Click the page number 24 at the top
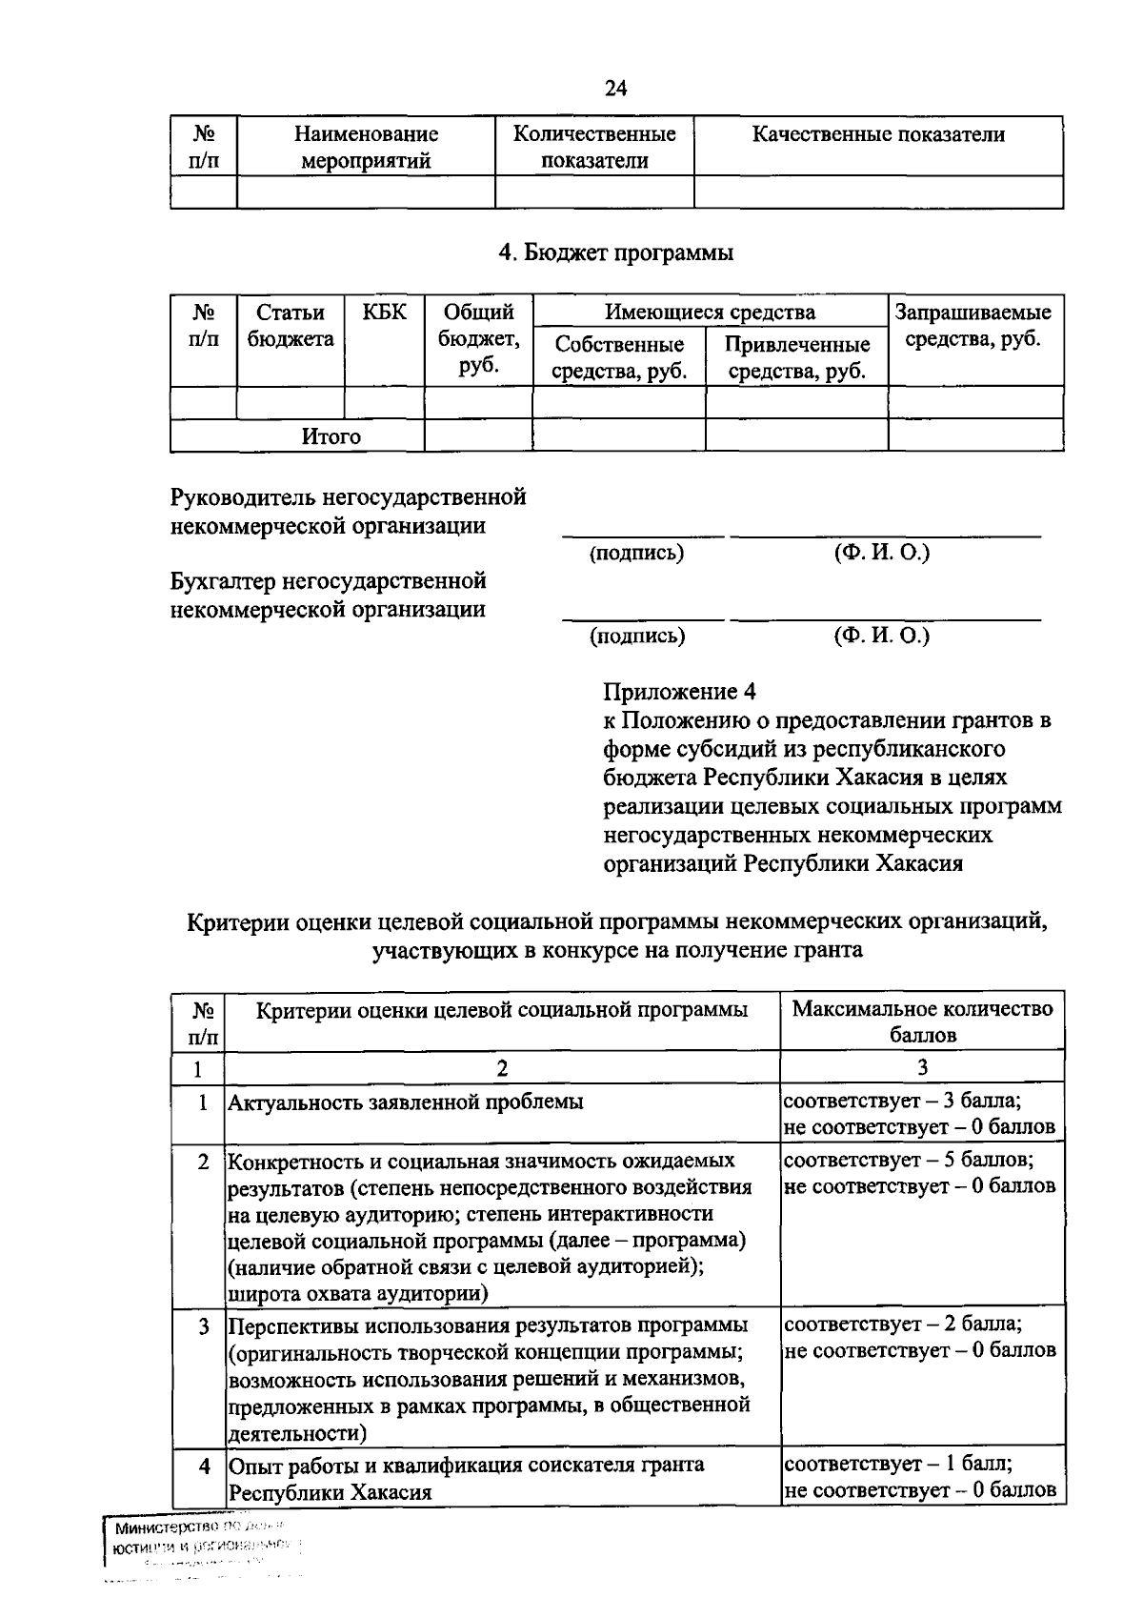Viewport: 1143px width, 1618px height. tap(615, 89)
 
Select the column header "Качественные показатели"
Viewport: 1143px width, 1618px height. tap(877, 134)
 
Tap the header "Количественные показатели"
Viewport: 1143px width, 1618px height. tap(594, 147)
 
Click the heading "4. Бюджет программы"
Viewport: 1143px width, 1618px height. tap(616, 253)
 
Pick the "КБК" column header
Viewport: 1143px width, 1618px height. tap(384, 313)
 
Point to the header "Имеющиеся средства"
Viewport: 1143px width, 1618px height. tap(710, 312)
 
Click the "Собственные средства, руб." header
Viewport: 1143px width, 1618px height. tap(619, 357)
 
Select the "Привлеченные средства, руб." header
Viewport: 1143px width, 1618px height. tap(796, 357)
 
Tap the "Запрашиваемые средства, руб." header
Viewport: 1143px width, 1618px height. tap(974, 326)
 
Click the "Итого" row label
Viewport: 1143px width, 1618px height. tap(331, 436)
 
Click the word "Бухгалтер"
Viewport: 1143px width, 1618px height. tap(225, 580)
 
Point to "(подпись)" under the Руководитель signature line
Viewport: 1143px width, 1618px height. tap(636, 553)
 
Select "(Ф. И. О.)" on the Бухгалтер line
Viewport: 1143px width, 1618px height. tap(881, 635)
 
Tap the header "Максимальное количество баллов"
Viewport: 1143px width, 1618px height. tap(922, 1021)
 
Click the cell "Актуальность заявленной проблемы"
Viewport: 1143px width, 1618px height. tap(405, 1102)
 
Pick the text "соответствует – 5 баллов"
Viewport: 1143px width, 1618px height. tap(908, 1160)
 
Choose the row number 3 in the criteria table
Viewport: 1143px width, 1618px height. tap(203, 1325)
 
